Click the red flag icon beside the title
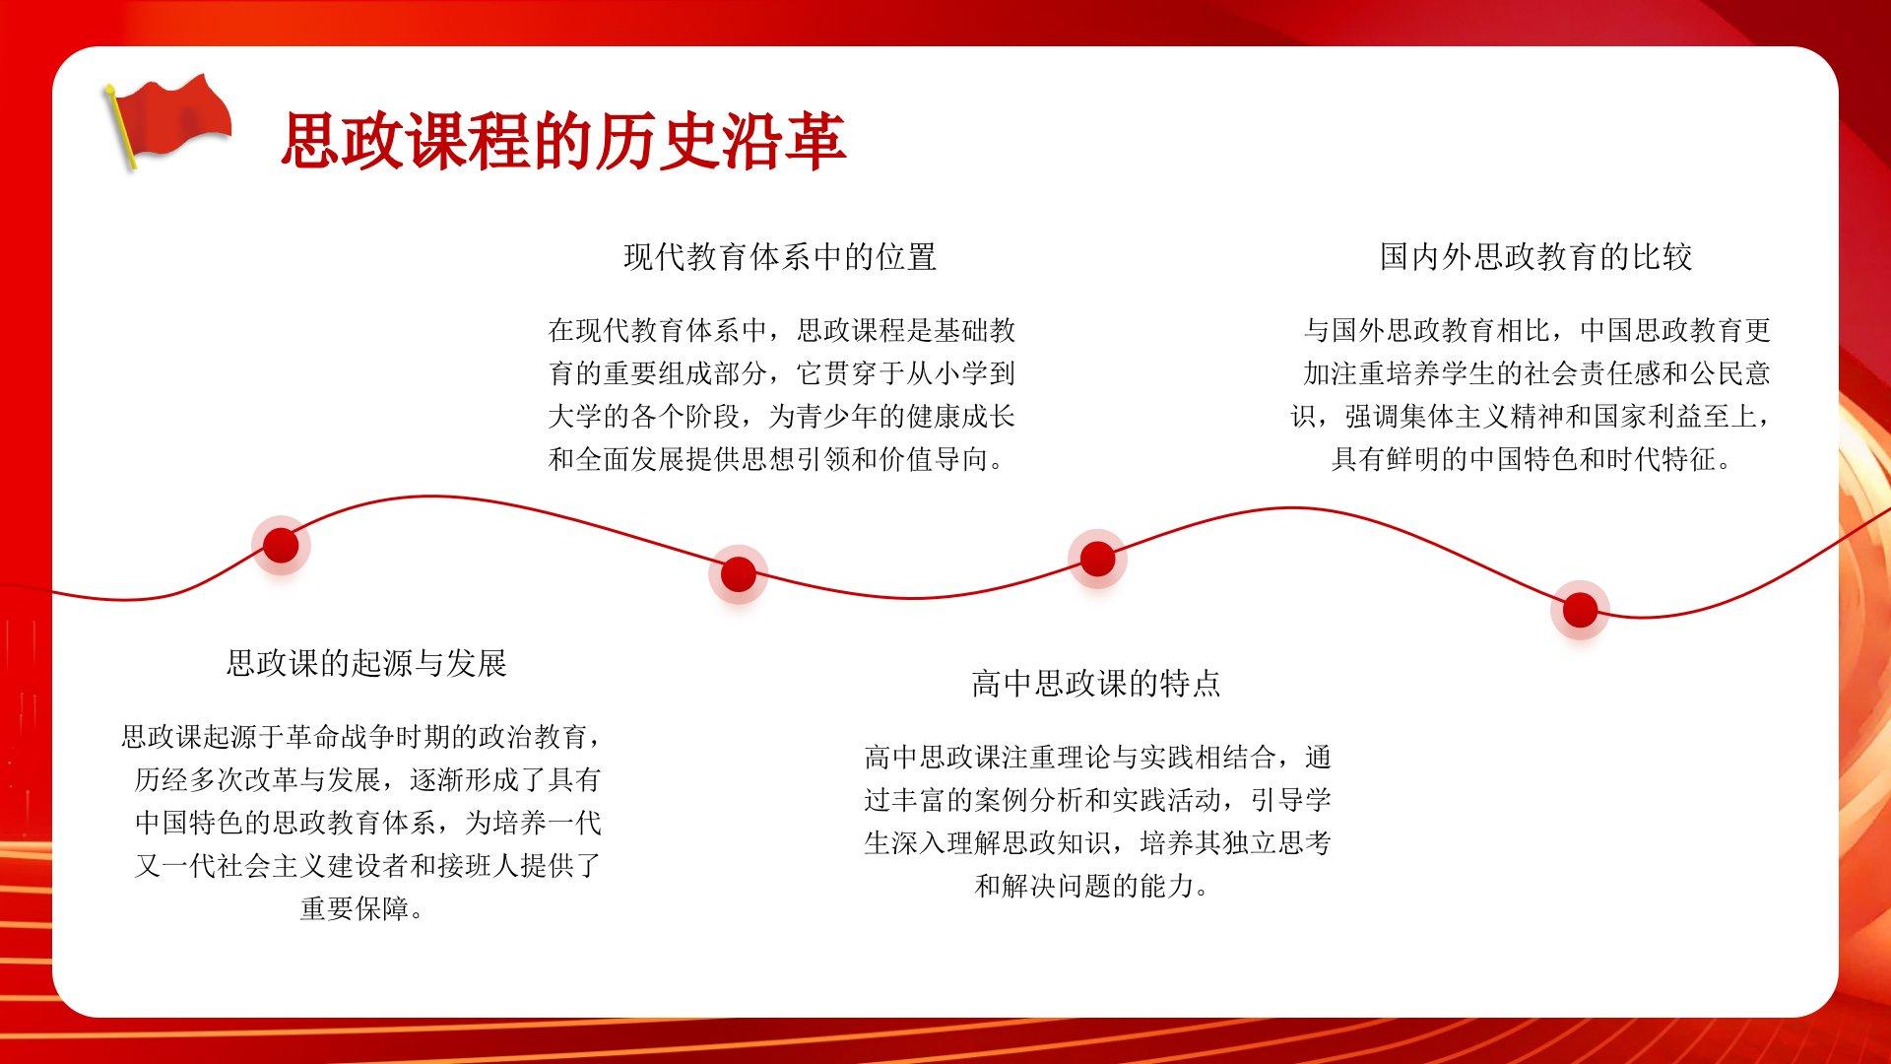[x=167, y=120]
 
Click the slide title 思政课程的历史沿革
[x=563, y=141]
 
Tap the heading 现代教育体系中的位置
[x=780, y=257]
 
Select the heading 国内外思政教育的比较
[x=1535, y=257]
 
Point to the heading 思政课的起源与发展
[x=366, y=663]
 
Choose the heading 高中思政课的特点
[x=1096, y=684]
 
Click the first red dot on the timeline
[x=281, y=545]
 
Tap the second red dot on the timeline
[x=738, y=574]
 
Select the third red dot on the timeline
[x=1097, y=559]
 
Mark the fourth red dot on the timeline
[x=1580, y=610]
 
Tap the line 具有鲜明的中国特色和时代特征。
[x=1532, y=459]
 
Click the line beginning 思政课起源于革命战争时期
[x=361, y=736]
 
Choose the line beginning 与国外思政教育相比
[x=1536, y=330]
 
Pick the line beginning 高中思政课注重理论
[x=1097, y=757]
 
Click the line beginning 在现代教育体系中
[x=781, y=330]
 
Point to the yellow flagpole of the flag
[x=122, y=127]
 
